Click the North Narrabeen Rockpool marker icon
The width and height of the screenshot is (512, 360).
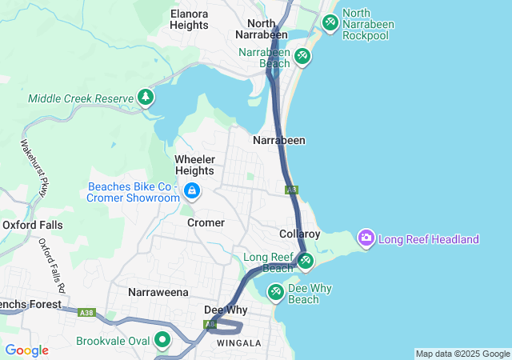pos(330,23)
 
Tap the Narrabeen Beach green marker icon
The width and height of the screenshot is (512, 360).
pos(302,56)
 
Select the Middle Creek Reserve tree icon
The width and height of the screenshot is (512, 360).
pos(145,98)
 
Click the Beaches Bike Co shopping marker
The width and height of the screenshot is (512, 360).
pos(192,190)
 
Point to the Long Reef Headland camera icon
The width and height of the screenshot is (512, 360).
pos(366,238)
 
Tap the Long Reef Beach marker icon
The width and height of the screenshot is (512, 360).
pos(306,261)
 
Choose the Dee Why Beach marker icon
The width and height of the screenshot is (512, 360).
pos(275,292)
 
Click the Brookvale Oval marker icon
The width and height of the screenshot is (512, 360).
pos(163,340)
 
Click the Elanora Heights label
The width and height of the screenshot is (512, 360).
pos(190,19)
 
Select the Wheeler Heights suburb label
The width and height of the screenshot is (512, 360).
pos(194,165)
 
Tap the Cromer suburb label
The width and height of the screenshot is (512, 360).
pos(206,222)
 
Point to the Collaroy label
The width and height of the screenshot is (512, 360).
pos(300,234)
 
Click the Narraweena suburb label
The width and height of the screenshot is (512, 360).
pos(157,292)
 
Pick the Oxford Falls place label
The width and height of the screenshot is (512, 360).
pos(32,225)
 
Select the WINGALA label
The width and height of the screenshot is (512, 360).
pos(238,343)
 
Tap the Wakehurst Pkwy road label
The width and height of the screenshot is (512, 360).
pos(34,168)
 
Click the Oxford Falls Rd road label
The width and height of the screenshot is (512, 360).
pos(54,264)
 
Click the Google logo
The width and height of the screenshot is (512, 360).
pos(26,350)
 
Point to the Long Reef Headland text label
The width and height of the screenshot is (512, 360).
pos(429,239)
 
